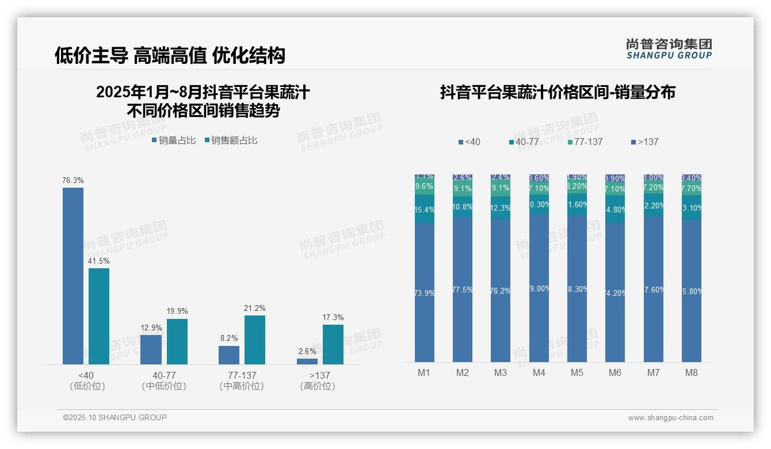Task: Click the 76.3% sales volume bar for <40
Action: coord(73,276)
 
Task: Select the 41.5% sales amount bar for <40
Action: coord(99,316)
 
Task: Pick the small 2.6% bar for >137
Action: coord(307,362)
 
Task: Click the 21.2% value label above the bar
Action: coord(255,309)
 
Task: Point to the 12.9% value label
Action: coord(151,328)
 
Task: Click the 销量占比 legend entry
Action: coord(173,140)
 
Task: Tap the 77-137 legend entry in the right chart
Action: coord(585,142)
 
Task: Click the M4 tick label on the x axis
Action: coord(539,372)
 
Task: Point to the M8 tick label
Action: coord(691,372)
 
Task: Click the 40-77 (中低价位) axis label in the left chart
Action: coord(164,380)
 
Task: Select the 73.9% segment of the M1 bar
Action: coord(424,292)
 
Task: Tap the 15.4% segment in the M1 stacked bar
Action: coord(424,210)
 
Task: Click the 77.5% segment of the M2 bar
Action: coord(463,289)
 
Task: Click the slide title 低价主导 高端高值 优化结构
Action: coord(170,55)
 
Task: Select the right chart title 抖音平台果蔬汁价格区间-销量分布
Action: coord(558,92)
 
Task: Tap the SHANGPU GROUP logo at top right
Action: coord(669,48)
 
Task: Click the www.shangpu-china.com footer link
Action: coord(670,418)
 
